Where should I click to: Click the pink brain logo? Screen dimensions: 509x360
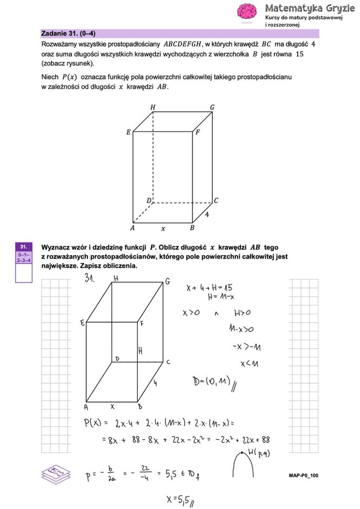pos(247,12)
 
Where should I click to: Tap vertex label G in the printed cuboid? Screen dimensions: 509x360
pos(212,107)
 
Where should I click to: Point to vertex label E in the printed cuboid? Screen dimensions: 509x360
pos(128,132)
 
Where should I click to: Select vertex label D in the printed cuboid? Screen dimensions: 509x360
pos(149,201)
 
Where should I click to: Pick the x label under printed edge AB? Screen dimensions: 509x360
pos(163,228)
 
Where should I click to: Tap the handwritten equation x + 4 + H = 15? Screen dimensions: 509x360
pos(209,288)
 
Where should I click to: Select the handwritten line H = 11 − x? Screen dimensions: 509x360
pos(221,297)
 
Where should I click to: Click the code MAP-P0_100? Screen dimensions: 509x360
pos(303,476)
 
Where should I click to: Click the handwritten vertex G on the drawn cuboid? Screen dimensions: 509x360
pos(168,281)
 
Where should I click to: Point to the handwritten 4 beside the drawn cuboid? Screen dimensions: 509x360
pos(155,383)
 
